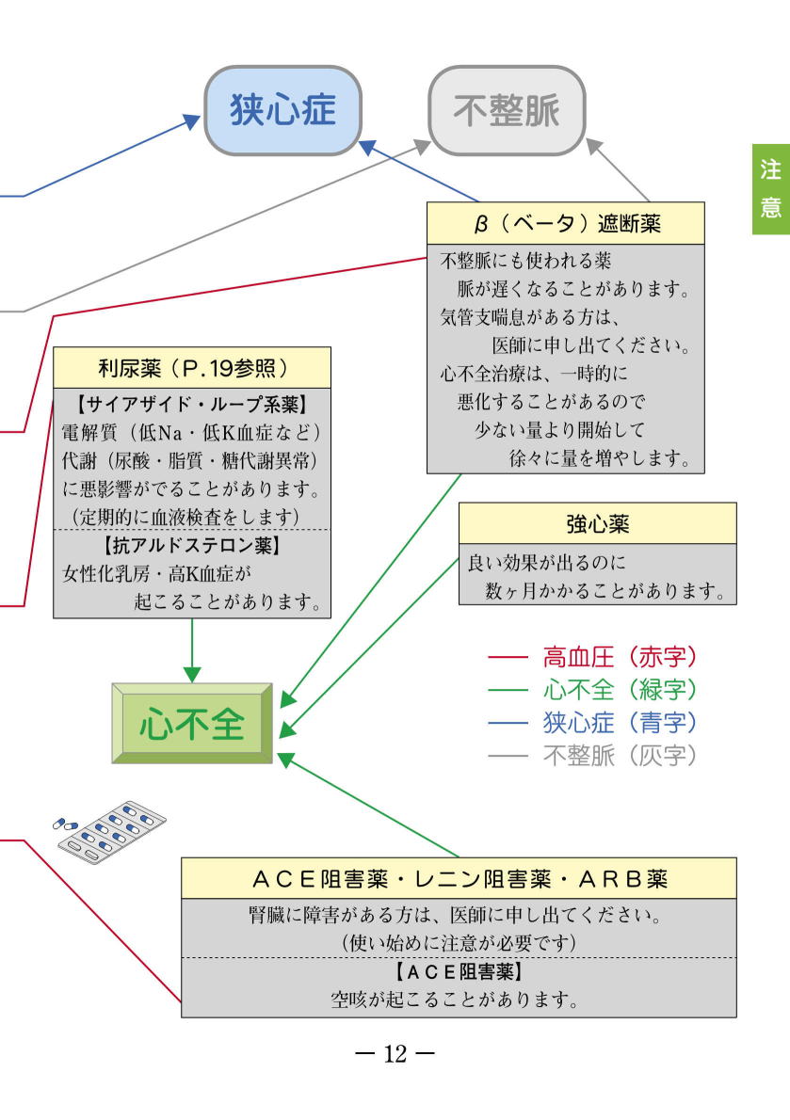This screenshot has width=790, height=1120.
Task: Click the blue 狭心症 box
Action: pyautogui.click(x=282, y=111)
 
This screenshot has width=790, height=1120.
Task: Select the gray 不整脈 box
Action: pyautogui.click(x=507, y=111)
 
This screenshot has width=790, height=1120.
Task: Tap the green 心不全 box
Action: pyautogui.click(x=192, y=724)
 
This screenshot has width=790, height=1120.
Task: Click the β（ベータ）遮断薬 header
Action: pyautogui.click(x=566, y=224)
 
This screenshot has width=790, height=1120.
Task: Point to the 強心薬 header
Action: pyautogui.click(x=598, y=523)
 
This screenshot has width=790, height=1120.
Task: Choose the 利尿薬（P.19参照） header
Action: pyautogui.click(x=192, y=368)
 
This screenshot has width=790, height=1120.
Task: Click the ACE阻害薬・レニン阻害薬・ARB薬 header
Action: pyautogui.click(x=459, y=878)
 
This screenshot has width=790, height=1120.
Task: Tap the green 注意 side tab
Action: pyautogui.click(x=771, y=189)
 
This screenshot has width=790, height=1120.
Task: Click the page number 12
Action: pyautogui.click(x=395, y=1053)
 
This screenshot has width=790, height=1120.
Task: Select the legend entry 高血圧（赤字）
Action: pyautogui.click(x=592, y=656)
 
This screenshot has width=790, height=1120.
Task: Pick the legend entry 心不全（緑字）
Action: pyautogui.click(x=592, y=689)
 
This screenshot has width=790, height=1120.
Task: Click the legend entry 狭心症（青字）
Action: pyautogui.click(x=592, y=722)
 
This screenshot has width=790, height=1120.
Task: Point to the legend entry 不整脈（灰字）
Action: pyautogui.click(x=592, y=755)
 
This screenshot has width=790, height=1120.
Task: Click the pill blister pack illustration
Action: pyautogui.click(x=110, y=831)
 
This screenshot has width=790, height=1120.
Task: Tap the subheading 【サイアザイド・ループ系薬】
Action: pyautogui.click(x=192, y=405)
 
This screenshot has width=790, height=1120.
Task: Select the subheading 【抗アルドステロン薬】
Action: pyautogui.click(x=192, y=546)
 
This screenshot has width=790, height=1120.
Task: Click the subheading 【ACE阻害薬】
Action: pyautogui.click(x=459, y=971)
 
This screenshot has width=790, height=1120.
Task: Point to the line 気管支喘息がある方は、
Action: pyautogui.click(x=530, y=316)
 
